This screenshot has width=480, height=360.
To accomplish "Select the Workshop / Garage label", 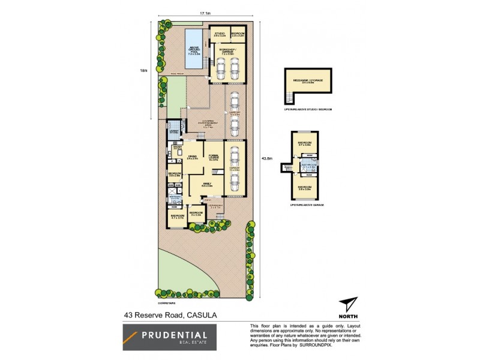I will (227, 50).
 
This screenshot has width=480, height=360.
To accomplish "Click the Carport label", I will (235, 112).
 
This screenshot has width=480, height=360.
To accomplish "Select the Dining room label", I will (192, 157).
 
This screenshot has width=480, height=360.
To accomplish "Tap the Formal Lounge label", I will (213, 157).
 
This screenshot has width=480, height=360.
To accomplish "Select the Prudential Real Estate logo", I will (165, 338).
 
